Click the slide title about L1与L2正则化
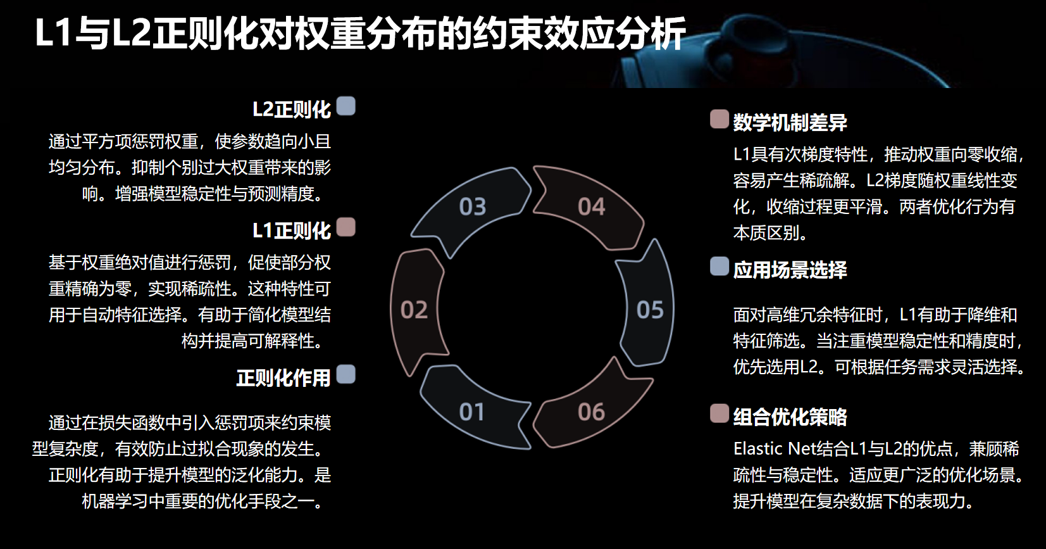tap(360, 34)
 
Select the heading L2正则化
tap(291, 110)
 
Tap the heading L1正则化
tap(291, 231)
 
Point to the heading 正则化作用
tap(283, 378)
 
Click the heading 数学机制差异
tap(790, 122)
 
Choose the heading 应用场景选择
tap(790, 270)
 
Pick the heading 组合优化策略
tap(790, 417)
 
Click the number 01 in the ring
tap(472, 412)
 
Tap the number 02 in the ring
tap(414, 310)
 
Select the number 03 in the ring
tap(473, 207)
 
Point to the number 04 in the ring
tap(592, 207)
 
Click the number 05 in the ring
tap(650, 310)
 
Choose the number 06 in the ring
tap(592, 412)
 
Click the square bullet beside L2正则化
tap(346, 106)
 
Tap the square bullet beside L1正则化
tap(346, 227)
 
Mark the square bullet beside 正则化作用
tap(346, 374)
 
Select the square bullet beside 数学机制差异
tap(719, 118)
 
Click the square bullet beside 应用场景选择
tap(719, 266)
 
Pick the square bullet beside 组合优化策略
tap(719, 413)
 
